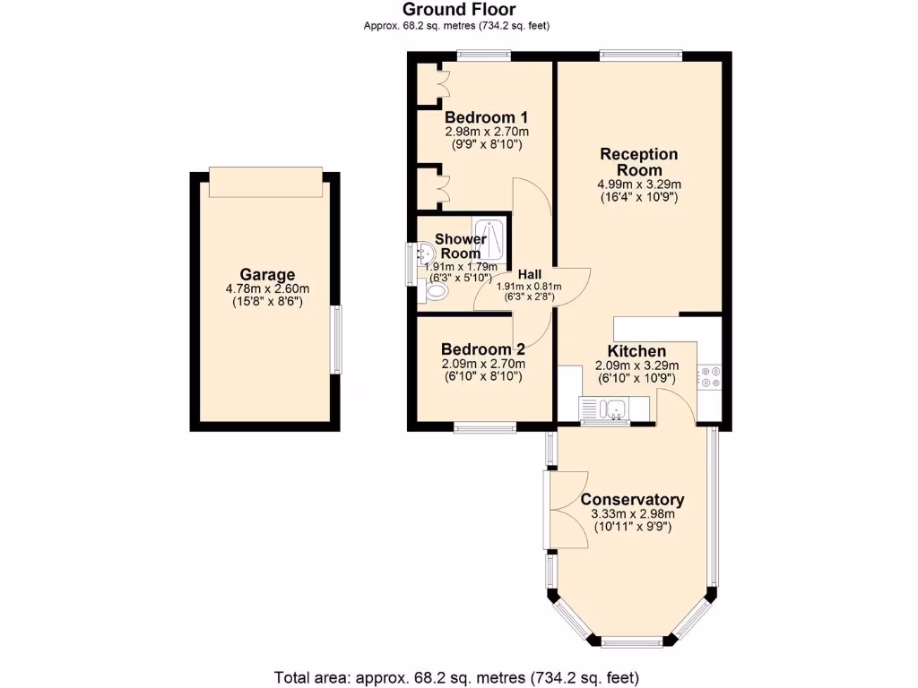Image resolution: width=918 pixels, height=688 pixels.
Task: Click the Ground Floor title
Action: [x=458, y=10]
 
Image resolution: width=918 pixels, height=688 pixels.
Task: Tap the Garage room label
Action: [x=267, y=275]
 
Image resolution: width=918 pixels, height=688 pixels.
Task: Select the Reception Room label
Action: [x=638, y=162]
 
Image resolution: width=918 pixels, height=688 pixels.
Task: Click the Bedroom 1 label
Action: [x=486, y=117]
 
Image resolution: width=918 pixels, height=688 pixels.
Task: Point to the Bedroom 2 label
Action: [x=482, y=350]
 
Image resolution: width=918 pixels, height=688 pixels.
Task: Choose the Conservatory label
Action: [x=632, y=500]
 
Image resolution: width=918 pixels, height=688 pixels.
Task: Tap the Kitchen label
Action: [x=637, y=351]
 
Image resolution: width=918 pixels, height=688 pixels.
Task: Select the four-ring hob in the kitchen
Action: [x=710, y=377]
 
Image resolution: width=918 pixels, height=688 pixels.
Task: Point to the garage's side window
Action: [x=338, y=340]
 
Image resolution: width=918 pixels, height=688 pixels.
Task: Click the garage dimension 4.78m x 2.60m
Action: [x=266, y=288]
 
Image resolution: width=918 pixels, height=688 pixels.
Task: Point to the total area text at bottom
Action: [x=458, y=676]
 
